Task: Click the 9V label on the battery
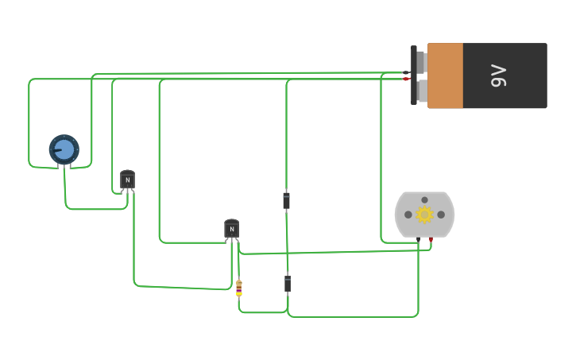pyautogui.click(x=499, y=76)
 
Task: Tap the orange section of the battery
pyautogui.click(x=445, y=75)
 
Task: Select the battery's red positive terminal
pyautogui.click(x=406, y=79)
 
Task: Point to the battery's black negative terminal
pyautogui.click(x=406, y=72)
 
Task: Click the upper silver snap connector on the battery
pyautogui.click(x=421, y=62)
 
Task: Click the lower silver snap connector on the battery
pyautogui.click(x=421, y=91)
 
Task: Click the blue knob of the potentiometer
pyautogui.click(x=64, y=149)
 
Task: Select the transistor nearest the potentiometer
pyautogui.click(x=127, y=180)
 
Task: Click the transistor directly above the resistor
pyautogui.click(x=231, y=229)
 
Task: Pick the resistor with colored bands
pyautogui.click(x=238, y=288)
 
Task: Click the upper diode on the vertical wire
pyautogui.click(x=286, y=200)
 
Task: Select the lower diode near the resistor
pyautogui.click(x=288, y=283)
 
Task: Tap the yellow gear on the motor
pyautogui.click(x=424, y=215)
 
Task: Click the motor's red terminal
pyautogui.click(x=431, y=239)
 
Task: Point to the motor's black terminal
pyautogui.click(x=418, y=239)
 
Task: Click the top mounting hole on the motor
pyautogui.click(x=424, y=200)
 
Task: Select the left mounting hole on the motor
pyautogui.click(x=408, y=215)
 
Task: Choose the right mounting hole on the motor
pyautogui.click(x=441, y=215)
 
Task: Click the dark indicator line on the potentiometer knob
pyautogui.click(x=58, y=151)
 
